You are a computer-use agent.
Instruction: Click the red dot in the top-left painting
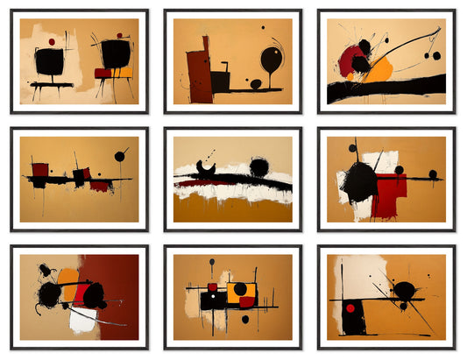[52, 41]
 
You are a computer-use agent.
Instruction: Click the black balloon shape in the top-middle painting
[271, 60]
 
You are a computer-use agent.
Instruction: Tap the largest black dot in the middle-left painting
[119, 156]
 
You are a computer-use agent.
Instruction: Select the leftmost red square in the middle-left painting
[40, 169]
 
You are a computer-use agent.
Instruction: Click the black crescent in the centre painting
[208, 166]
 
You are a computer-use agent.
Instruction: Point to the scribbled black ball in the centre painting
[258, 166]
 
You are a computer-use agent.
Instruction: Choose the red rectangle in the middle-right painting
[388, 194]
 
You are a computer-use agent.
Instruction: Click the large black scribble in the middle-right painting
[359, 182]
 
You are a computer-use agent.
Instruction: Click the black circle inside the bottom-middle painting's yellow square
[240, 289]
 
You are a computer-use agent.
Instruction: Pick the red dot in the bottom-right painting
[350, 308]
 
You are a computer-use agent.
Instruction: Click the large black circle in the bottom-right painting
[404, 290]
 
